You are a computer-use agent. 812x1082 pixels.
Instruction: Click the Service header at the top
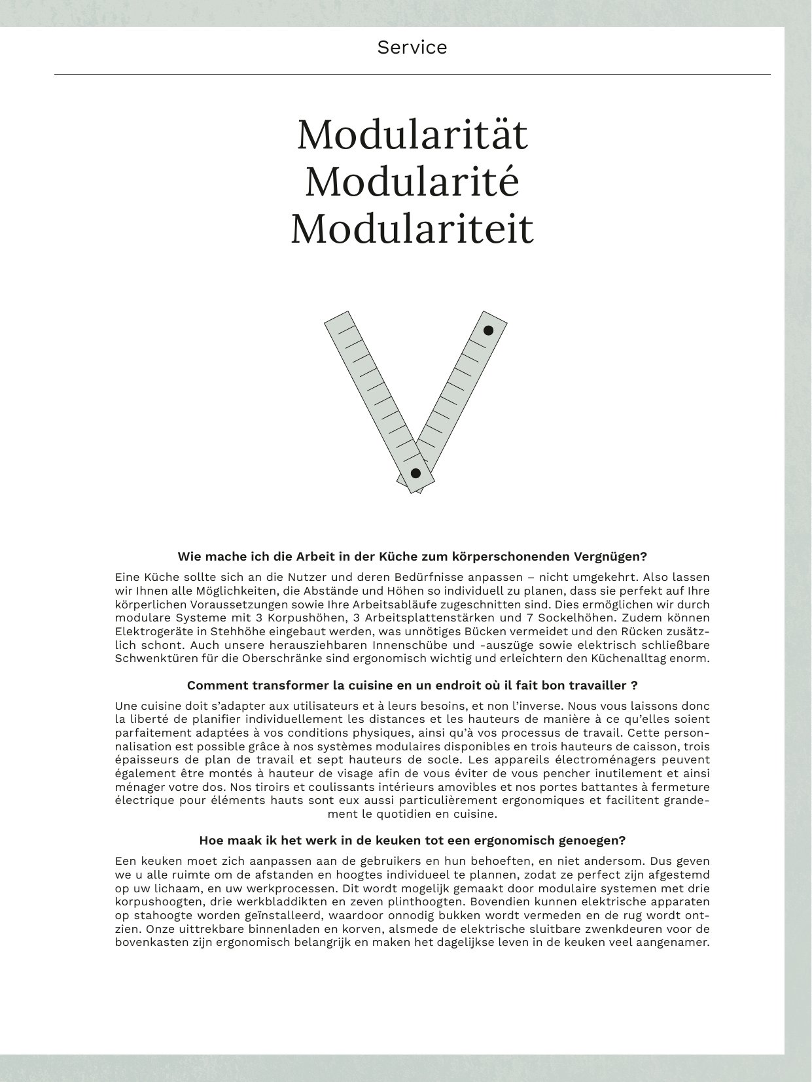(412, 47)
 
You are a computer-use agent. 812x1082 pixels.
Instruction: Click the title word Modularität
(412, 135)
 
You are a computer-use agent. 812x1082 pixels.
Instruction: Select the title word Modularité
(412, 182)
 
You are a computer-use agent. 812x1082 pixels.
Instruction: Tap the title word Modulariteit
(412, 229)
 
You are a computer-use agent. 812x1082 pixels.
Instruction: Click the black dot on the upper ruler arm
(488, 330)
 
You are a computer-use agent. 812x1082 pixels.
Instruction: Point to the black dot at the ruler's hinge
(415, 473)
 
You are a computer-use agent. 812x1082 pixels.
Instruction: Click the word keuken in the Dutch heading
(352, 841)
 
